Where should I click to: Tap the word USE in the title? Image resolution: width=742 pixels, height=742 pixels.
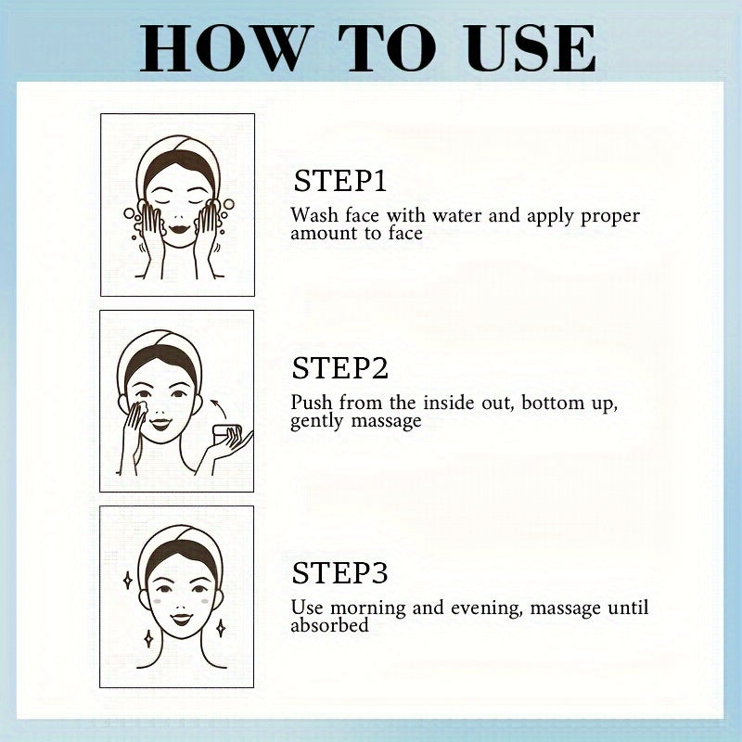(531, 49)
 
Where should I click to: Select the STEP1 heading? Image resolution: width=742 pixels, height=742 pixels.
(339, 180)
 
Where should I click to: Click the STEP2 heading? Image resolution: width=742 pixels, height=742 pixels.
(339, 368)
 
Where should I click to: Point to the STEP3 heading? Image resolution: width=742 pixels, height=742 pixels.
(339, 573)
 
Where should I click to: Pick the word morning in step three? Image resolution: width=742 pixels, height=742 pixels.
(367, 608)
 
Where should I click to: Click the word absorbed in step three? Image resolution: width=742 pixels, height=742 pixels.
(329, 625)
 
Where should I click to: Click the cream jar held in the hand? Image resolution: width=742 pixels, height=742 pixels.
(226, 433)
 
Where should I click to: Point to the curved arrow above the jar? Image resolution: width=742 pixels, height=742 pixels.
(219, 408)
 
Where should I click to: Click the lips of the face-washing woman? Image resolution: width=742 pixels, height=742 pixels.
(179, 229)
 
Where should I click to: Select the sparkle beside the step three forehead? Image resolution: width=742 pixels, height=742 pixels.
(127, 581)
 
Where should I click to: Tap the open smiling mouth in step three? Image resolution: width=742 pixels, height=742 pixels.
(181, 619)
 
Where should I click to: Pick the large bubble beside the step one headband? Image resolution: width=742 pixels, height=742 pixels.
(228, 204)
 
